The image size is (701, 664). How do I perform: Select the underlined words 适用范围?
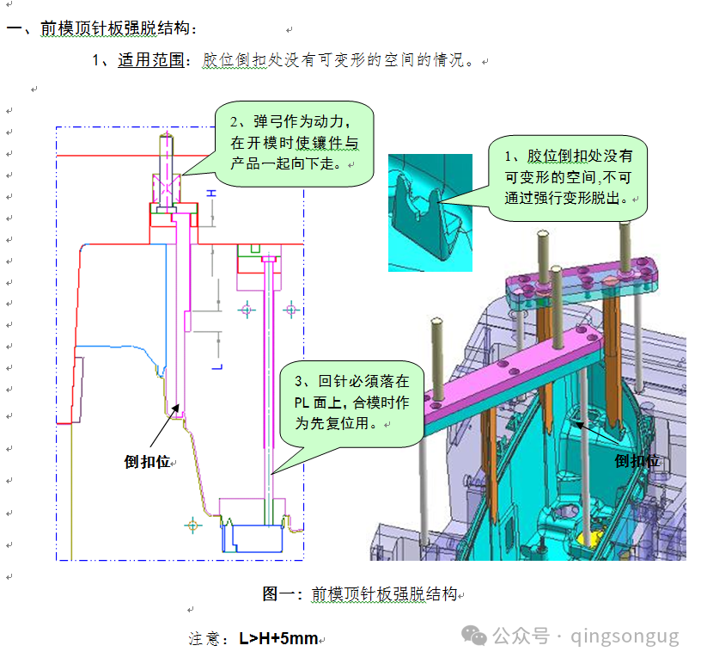click(x=151, y=60)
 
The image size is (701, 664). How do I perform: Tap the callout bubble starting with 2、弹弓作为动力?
click(x=294, y=144)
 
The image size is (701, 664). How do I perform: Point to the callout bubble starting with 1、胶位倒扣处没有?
click(x=568, y=178)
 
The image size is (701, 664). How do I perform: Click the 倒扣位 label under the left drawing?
click(x=147, y=462)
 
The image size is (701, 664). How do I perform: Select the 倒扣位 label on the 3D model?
click(x=637, y=461)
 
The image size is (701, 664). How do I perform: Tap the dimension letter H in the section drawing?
click(x=211, y=193)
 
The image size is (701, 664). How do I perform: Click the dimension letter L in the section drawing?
click(x=216, y=367)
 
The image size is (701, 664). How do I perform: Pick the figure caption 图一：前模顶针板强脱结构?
click(x=360, y=594)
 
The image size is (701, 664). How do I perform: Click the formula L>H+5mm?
click(x=278, y=638)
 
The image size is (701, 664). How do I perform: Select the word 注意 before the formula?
click(x=204, y=639)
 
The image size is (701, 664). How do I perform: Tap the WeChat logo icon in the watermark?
click(x=474, y=636)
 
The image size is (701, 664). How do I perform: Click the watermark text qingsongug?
click(x=625, y=636)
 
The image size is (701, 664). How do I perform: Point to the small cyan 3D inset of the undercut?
click(x=430, y=212)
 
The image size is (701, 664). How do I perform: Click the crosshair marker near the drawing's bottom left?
click(x=192, y=526)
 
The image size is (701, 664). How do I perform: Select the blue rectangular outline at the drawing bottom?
click(x=253, y=538)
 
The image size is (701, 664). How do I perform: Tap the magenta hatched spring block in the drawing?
click(x=167, y=189)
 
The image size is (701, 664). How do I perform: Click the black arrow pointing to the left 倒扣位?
click(x=165, y=426)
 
